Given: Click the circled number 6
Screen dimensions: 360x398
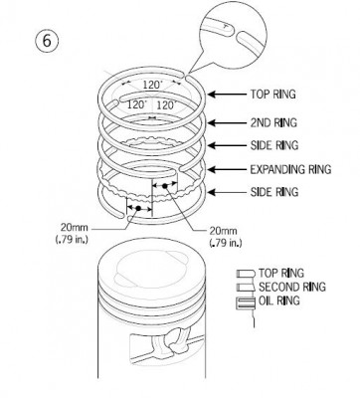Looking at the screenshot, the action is coord(47,41).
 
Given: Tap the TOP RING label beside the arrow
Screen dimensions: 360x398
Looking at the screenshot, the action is coord(272,95).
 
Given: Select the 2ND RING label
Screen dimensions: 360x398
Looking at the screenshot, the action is coord(273,123).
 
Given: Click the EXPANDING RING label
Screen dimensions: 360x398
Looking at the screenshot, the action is coord(290,169).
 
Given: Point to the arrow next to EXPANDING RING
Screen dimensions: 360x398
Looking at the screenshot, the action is coord(228,169).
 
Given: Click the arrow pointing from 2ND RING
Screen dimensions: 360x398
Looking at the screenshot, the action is coord(228,123).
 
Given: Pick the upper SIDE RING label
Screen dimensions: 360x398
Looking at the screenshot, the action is coord(274,145).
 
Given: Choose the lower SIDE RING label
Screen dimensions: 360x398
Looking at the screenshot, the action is coord(274,192).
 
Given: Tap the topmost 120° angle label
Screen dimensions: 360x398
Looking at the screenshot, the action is coord(153,85).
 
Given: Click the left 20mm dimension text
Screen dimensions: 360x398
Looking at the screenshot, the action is coord(75,228).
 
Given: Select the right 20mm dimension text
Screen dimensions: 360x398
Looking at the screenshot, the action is coord(223,231).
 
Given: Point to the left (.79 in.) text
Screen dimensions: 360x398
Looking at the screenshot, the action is coord(72,240).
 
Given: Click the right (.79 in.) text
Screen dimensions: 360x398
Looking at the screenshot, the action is coord(226,243).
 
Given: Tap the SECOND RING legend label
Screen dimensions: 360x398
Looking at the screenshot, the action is coord(292,287).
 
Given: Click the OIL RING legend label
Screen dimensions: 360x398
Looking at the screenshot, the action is coord(279,300).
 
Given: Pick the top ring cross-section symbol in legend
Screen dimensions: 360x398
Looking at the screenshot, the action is coord(246,274).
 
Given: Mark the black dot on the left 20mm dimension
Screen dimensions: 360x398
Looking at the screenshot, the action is coord(138,208).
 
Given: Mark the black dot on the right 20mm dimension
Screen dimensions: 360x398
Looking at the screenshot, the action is coord(164,186).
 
